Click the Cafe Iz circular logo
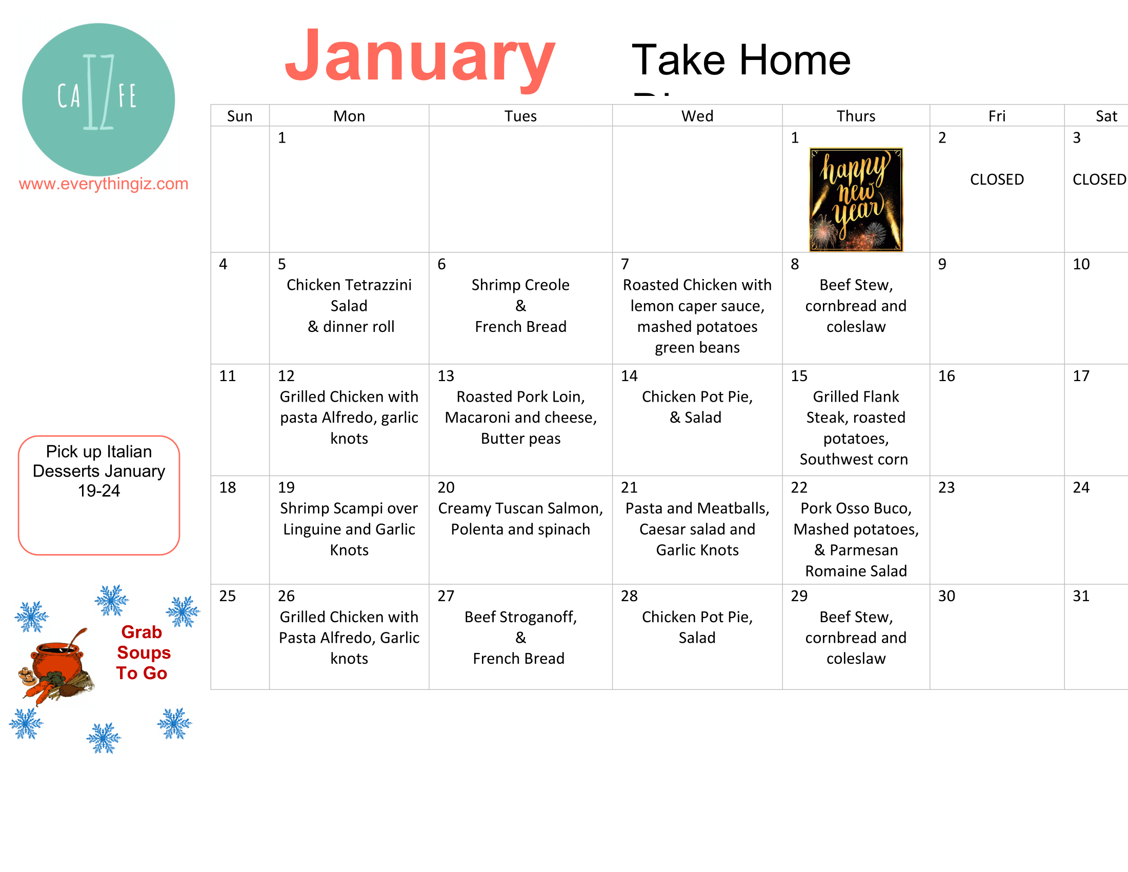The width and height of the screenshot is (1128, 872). tap(98, 99)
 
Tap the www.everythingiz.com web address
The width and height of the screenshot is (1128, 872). tap(103, 184)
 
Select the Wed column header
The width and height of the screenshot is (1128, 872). tap(697, 116)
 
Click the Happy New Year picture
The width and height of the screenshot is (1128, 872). tap(855, 200)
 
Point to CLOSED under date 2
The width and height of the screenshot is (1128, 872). tap(996, 180)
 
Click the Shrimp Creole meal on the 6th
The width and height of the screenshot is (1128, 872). tap(520, 305)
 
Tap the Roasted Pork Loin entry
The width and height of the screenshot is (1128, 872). tap(520, 418)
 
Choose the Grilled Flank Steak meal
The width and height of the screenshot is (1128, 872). tap(855, 428)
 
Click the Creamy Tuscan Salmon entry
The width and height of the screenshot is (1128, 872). tap(520, 519)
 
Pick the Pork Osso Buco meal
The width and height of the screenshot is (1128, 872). tap(855, 539)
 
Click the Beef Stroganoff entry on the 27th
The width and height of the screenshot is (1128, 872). tap(520, 638)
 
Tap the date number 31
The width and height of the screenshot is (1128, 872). tap(1080, 596)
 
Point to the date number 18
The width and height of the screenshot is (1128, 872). tap(227, 488)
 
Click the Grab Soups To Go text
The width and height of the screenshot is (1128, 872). tap(143, 652)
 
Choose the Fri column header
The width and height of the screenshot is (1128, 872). tap(996, 116)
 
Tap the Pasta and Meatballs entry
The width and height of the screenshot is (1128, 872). tap(697, 529)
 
